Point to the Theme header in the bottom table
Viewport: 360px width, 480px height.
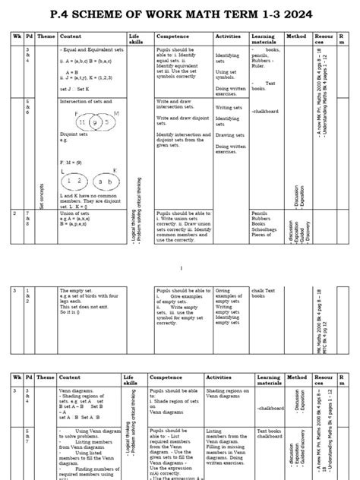click(x=46, y=377)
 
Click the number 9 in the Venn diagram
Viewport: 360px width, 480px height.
click(x=94, y=121)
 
